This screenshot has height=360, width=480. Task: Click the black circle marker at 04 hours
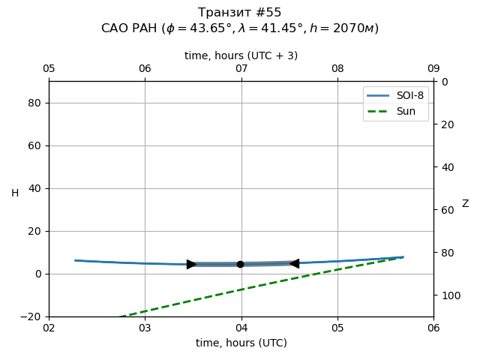(240, 264)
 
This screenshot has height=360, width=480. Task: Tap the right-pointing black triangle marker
(191, 264)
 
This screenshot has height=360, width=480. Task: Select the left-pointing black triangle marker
(295, 263)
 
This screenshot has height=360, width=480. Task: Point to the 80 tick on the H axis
(34, 103)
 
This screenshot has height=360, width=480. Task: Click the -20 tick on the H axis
(31, 316)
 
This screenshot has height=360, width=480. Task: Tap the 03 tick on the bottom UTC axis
(145, 328)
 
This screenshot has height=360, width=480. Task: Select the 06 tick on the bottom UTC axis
(433, 328)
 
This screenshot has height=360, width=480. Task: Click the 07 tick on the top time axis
(241, 69)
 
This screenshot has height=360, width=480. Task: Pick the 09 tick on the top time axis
(433, 69)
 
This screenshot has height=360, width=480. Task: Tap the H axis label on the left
(15, 193)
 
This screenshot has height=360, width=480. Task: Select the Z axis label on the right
(465, 204)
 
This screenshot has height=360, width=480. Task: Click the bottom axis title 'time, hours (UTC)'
(241, 343)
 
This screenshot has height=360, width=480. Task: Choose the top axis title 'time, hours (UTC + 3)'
(241, 55)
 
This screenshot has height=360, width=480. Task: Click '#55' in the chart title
(267, 13)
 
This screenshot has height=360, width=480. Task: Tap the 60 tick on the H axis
(34, 145)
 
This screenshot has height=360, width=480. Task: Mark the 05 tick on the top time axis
(49, 69)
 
